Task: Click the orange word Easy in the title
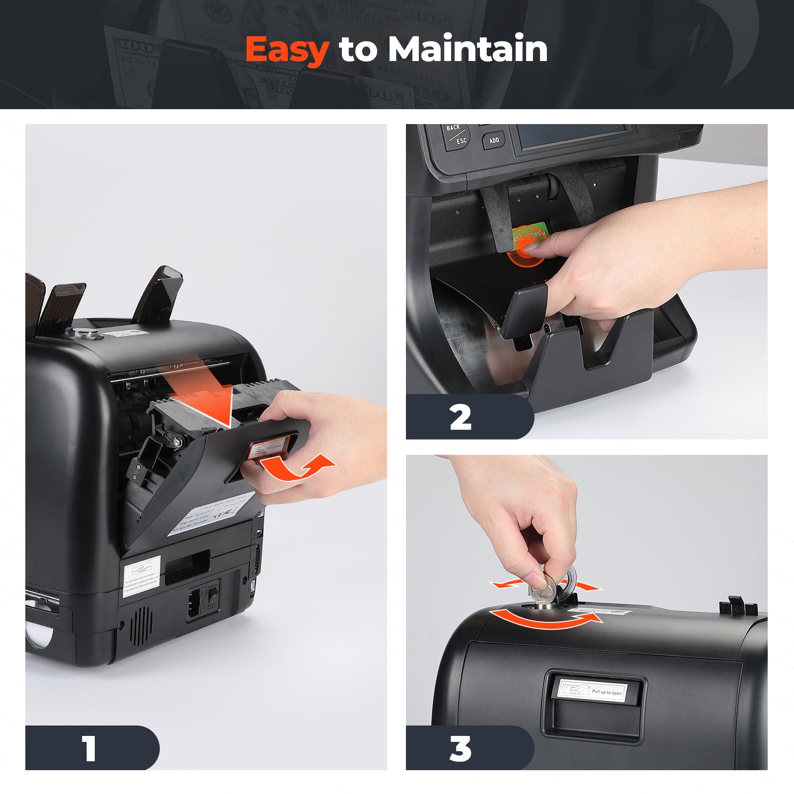tap(287, 50)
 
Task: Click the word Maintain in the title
tap(467, 50)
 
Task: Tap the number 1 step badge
tap(90, 748)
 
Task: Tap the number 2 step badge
tap(461, 417)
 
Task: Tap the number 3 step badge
tap(461, 748)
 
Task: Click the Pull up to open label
tap(593, 691)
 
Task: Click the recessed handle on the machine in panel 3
tap(594, 705)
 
